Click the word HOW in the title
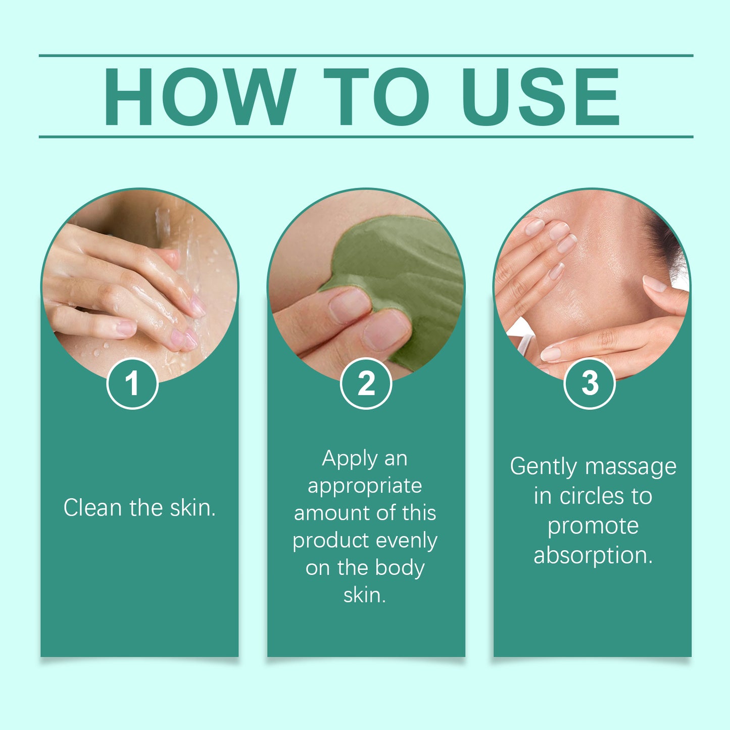pos(200,96)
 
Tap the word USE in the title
pos(541,96)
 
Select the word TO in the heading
pos(376,96)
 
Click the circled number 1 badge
pos(132,383)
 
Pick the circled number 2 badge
pos(366,383)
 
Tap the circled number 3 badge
pos(590,383)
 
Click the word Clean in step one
pos(93,507)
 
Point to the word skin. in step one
pos(193,507)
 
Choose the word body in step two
pos(400,568)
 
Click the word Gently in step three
pos(544,467)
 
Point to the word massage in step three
pos(631,467)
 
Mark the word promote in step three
pos(593,527)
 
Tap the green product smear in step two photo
pos(402,265)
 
